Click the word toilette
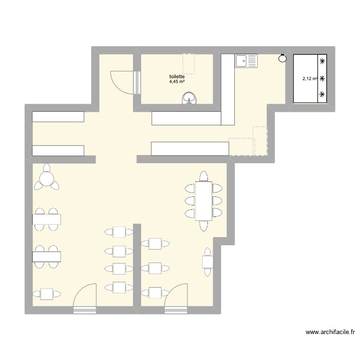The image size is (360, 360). pyautogui.click(x=177, y=76)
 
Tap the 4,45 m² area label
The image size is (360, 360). pyautogui.click(x=177, y=82)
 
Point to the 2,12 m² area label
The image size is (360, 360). pyautogui.click(x=309, y=79)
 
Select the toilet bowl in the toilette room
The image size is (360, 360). pyautogui.click(x=191, y=99)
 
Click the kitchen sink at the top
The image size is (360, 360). pyautogui.click(x=246, y=60)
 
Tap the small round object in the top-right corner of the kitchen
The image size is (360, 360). pyautogui.click(x=282, y=59)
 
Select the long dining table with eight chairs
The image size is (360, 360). pyautogui.click(x=204, y=200)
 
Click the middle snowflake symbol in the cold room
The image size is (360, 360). pyautogui.click(x=322, y=78)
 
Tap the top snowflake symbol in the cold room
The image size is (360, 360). pyautogui.click(x=322, y=61)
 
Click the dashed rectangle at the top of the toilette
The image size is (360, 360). pyautogui.click(x=189, y=64)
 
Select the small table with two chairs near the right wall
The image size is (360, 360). pyautogui.click(x=208, y=262)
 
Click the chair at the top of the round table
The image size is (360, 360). pyautogui.click(x=47, y=168)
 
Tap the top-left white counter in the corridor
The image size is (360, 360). pyautogui.click(x=58, y=117)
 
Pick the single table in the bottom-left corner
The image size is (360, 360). pyautogui.click(x=47, y=293)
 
